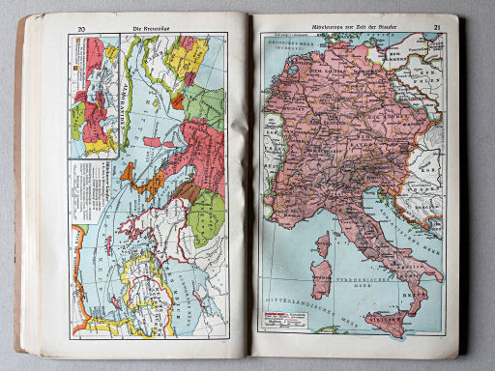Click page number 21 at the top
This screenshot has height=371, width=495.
click(437, 28)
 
